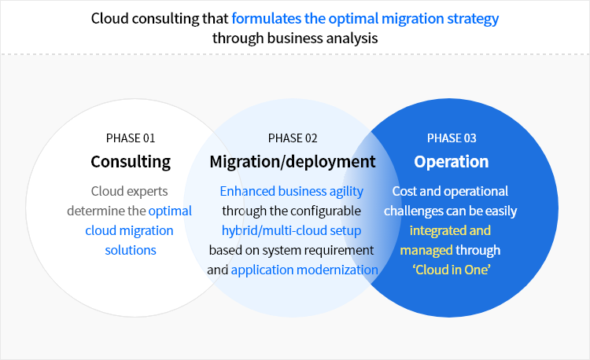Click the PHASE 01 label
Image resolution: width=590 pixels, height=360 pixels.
click(x=131, y=138)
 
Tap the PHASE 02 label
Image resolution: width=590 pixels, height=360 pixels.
click(x=293, y=138)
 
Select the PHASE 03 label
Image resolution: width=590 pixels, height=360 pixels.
click(x=452, y=138)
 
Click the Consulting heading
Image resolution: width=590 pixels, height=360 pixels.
click(x=131, y=162)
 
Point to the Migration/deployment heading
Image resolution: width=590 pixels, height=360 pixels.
click(x=293, y=162)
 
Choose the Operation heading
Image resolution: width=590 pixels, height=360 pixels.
click(x=452, y=162)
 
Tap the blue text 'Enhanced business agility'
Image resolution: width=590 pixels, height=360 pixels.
click(x=292, y=191)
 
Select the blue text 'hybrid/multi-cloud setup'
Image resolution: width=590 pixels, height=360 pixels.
click(x=292, y=230)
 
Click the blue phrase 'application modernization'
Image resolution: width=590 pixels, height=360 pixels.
click(x=304, y=270)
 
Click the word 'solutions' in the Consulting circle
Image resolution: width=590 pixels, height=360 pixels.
click(x=131, y=250)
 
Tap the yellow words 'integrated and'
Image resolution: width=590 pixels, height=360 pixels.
click(x=451, y=230)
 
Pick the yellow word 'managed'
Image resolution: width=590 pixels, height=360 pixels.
click(x=426, y=250)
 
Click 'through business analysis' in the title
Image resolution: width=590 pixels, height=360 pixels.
click(x=294, y=37)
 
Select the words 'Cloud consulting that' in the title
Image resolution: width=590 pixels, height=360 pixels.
click(x=160, y=18)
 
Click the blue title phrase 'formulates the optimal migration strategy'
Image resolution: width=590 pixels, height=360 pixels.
click(x=365, y=18)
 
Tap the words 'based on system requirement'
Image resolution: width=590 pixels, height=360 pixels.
click(x=291, y=250)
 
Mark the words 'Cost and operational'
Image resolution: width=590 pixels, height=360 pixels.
click(x=450, y=191)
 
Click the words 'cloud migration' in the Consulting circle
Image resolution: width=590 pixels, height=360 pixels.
click(x=129, y=230)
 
